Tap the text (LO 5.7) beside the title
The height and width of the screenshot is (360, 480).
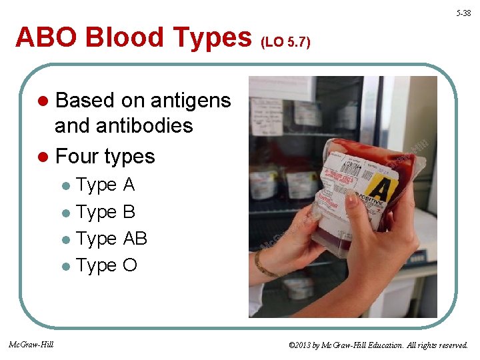click(x=285, y=43)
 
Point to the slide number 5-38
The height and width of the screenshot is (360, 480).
click(x=463, y=13)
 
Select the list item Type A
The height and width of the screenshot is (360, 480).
click(x=105, y=185)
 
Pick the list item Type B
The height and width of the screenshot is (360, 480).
click(x=105, y=212)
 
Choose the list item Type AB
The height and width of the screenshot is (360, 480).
click(x=111, y=239)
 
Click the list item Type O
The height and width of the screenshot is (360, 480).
click(x=107, y=265)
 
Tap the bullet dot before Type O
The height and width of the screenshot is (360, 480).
click(x=65, y=267)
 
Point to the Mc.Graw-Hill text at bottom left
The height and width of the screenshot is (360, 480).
click(x=31, y=345)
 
